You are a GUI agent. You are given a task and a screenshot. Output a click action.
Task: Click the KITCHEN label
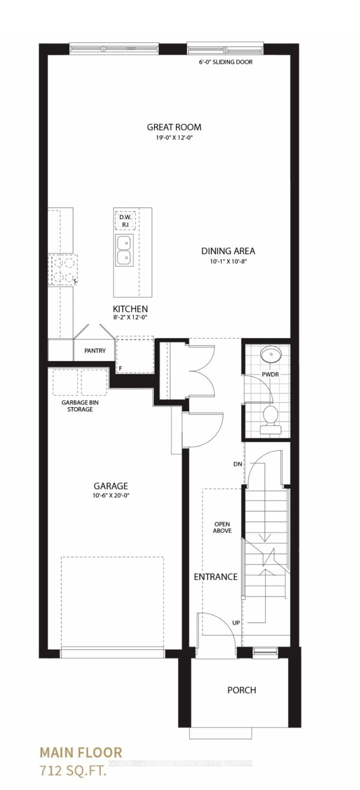pyautogui.click(x=130, y=309)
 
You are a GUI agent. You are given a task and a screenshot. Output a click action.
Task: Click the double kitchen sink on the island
pyautogui.click(x=124, y=250)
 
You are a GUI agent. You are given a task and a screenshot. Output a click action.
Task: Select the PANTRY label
pyautogui.click(x=95, y=351)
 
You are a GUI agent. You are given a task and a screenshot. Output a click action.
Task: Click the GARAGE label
pyautogui.click(x=111, y=486)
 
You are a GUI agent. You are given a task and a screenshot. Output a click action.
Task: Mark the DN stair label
pyautogui.click(x=238, y=464)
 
